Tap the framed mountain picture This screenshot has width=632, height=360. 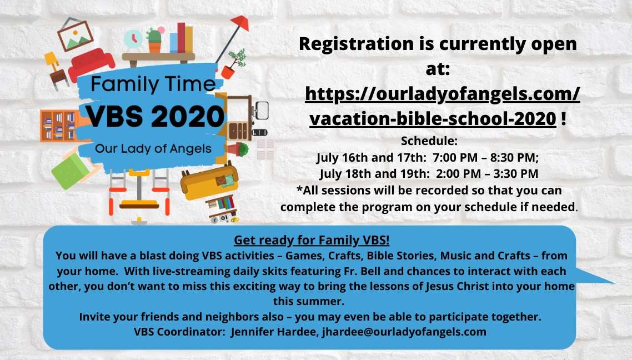[76, 35]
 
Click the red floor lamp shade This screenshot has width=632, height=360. [240, 22]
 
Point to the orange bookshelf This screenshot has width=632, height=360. [59, 126]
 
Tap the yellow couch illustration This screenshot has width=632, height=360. [209, 182]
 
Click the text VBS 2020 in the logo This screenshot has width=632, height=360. [155, 117]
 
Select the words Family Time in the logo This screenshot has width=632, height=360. [153, 84]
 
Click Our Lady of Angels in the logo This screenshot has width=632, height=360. [153, 149]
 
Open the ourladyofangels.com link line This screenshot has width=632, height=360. [442, 93]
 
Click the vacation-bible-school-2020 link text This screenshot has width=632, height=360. [433, 118]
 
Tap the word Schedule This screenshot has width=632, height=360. [429, 141]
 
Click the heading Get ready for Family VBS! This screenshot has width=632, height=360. [312, 240]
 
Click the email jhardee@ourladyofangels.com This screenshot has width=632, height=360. [404, 332]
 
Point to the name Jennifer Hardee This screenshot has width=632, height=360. [274, 332]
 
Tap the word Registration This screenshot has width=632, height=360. [357, 44]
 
